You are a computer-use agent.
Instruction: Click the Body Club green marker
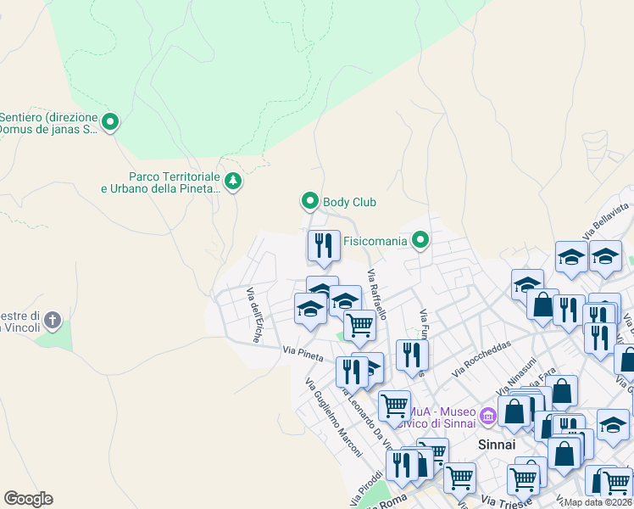pyautogui.click(x=309, y=201)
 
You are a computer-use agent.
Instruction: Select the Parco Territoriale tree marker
pyautogui.click(x=232, y=181)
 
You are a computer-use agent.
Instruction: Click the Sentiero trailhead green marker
pyautogui.click(x=109, y=123)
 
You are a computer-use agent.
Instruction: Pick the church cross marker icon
pyautogui.click(x=53, y=320)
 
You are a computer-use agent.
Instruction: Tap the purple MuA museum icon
pyautogui.click(x=487, y=417)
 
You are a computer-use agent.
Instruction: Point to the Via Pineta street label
pyautogui.click(x=303, y=353)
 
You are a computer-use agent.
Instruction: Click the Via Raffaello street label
pyautogui.click(x=377, y=294)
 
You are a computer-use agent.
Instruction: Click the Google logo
pyautogui.click(x=28, y=499)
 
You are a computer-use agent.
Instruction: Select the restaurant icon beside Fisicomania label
pyautogui.click(x=323, y=246)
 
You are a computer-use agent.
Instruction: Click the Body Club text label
pyautogui.click(x=349, y=202)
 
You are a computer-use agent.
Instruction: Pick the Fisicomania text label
pyautogui.click(x=375, y=242)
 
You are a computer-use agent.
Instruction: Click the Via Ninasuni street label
pyautogui.click(x=517, y=377)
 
